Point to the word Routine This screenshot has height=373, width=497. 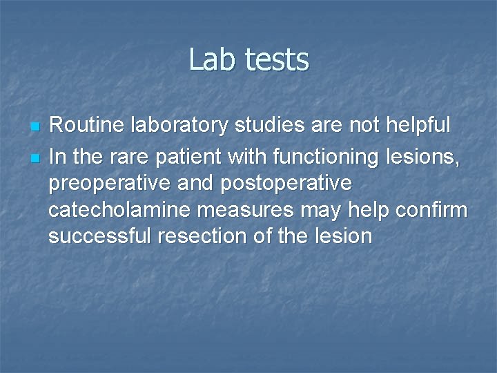84,125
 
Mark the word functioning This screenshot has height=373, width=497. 325,157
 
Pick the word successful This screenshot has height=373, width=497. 99,236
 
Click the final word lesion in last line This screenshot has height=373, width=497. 342,236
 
